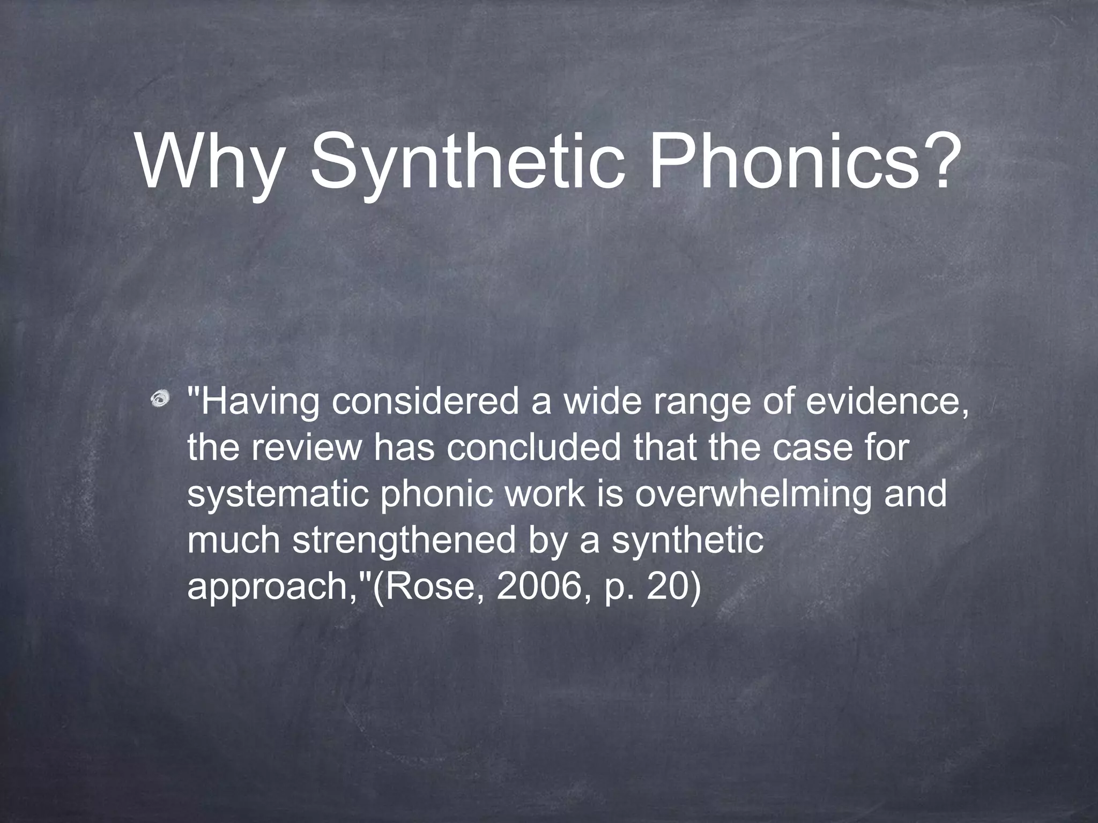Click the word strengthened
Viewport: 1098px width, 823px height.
coord(404,541)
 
